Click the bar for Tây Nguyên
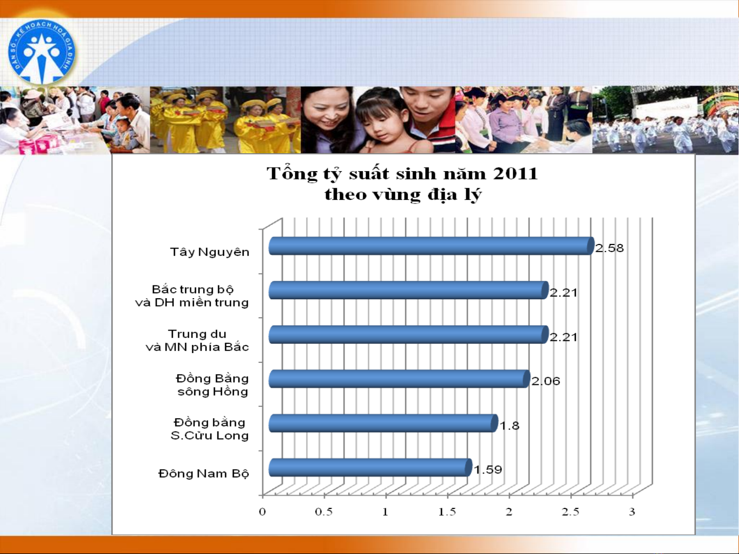(x=431, y=246)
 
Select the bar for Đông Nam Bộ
(x=370, y=467)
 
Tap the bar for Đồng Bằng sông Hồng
(x=400, y=379)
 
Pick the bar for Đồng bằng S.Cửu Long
(x=383, y=423)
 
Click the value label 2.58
(x=610, y=248)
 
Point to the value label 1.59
(x=488, y=469)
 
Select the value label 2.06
(x=546, y=381)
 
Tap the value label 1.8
(x=509, y=426)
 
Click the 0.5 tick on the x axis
(x=324, y=512)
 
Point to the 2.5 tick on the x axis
(x=570, y=512)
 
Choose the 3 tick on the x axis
(x=632, y=512)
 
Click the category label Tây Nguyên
(x=210, y=252)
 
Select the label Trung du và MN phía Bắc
(x=197, y=340)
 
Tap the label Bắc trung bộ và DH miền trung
(x=192, y=296)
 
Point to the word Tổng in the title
(x=292, y=174)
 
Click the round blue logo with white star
(x=42, y=52)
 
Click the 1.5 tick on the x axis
(x=447, y=512)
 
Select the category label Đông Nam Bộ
(x=204, y=474)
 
